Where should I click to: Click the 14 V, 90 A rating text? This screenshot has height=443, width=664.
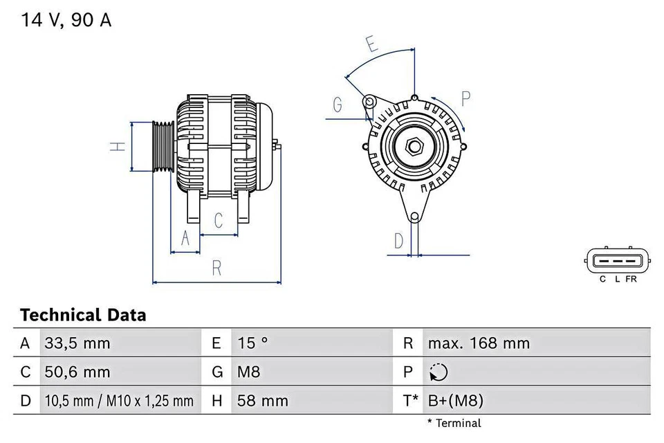(x=66, y=20)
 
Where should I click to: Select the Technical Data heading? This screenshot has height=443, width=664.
(x=83, y=316)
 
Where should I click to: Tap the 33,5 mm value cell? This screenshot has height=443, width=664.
(x=77, y=343)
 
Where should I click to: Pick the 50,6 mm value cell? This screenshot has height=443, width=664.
(x=77, y=372)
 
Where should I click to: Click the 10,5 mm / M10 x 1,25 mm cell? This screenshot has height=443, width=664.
(x=119, y=400)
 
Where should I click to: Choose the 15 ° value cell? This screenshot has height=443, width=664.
(x=253, y=343)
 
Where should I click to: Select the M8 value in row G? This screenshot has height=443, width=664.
(x=249, y=372)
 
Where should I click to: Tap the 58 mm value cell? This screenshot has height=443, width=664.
(x=262, y=400)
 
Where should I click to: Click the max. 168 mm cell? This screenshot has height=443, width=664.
(x=479, y=343)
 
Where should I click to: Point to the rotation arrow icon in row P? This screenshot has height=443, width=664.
(x=439, y=372)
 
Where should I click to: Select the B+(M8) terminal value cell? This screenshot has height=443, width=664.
(x=455, y=400)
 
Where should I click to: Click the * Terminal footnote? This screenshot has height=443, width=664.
(x=454, y=423)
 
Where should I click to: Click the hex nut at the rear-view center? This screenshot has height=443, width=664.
(x=415, y=147)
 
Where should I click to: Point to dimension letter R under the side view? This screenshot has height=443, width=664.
(x=216, y=269)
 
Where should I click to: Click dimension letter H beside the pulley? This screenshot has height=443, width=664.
(x=118, y=147)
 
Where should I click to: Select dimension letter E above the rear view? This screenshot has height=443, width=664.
(x=371, y=45)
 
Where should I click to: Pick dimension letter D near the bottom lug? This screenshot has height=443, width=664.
(x=399, y=241)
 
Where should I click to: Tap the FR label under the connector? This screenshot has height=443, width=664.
(x=631, y=279)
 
